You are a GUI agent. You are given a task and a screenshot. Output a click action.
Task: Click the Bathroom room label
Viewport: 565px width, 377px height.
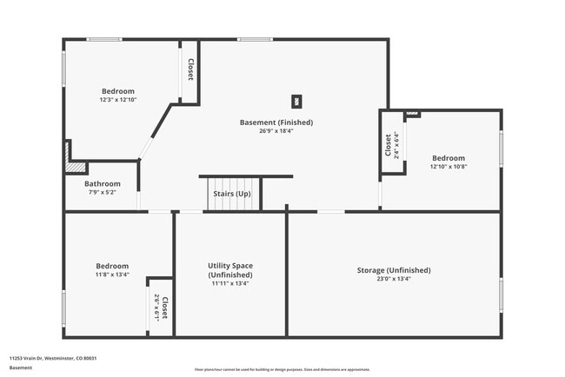(102, 184)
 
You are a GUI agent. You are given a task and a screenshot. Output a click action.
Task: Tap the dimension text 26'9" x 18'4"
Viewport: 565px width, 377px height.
(276, 131)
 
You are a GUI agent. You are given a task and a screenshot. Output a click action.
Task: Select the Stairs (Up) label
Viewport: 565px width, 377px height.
(232, 194)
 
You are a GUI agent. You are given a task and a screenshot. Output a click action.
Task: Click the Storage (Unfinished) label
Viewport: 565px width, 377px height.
(394, 270)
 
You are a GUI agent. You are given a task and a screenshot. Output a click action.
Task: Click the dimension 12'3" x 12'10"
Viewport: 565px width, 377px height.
(118, 100)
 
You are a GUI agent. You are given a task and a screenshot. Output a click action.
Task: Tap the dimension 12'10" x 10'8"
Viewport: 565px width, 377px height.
(449, 167)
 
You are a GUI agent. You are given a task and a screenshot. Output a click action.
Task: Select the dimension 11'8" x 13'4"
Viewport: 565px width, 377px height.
(112, 274)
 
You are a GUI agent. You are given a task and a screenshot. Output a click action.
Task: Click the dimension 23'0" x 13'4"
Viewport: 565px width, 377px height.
(394, 279)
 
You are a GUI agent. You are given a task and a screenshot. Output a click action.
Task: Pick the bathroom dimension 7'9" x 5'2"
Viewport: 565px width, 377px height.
(102, 192)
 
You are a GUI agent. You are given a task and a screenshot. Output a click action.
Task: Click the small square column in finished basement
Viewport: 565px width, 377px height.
(296, 101)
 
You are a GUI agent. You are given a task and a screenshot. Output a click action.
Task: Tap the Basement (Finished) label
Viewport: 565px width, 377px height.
(276, 122)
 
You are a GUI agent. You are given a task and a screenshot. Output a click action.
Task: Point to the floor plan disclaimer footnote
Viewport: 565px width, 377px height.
(282, 369)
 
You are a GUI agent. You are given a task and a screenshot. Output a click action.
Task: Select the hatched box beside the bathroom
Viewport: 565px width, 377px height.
(77, 166)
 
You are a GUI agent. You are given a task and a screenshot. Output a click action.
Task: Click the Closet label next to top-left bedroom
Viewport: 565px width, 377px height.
(190, 69)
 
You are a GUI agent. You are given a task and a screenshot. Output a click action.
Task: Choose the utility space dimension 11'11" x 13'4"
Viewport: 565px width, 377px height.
(229, 283)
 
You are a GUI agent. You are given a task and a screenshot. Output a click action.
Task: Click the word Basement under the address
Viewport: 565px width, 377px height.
(21, 367)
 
